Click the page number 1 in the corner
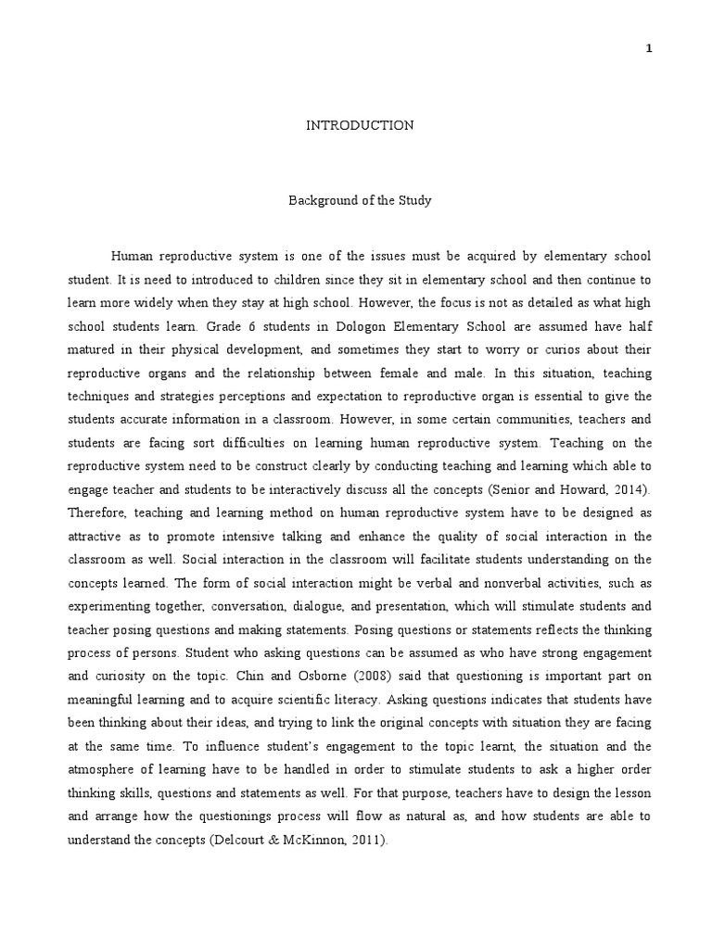click(x=650, y=50)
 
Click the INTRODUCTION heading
click(x=360, y=125)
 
